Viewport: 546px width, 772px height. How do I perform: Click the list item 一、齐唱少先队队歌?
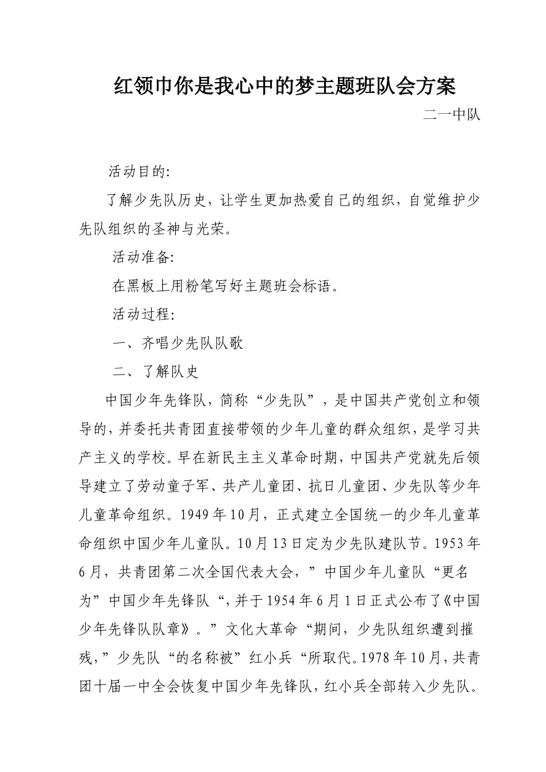tap(178, 343)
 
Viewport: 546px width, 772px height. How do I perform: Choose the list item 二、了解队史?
tap(156, 372)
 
